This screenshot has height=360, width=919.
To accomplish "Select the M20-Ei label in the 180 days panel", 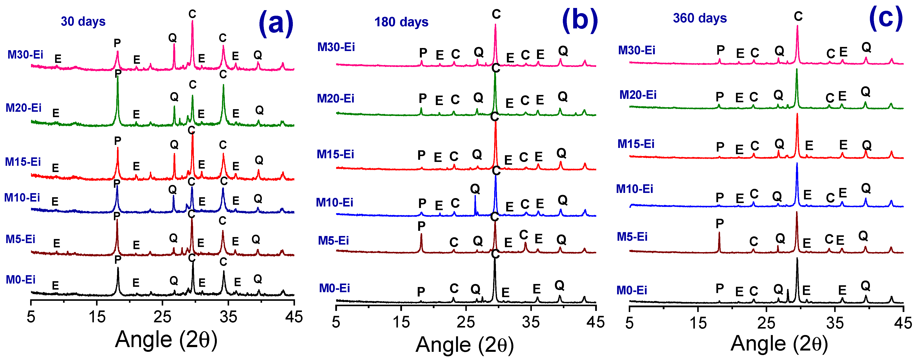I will click(335, 98).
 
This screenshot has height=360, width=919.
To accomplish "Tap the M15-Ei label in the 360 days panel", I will click(636, 144).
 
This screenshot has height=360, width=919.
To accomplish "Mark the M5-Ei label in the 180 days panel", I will click(333, 241).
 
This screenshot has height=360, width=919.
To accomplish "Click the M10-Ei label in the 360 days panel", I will click(634, 189).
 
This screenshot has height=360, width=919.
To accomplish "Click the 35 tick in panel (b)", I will click(531, 322).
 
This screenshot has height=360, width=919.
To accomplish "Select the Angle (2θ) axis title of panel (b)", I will click(464, 345).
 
